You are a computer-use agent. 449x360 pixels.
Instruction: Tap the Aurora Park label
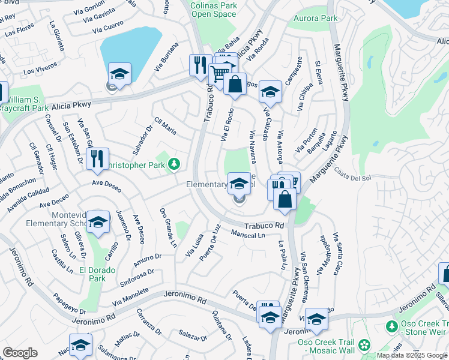(315, 19)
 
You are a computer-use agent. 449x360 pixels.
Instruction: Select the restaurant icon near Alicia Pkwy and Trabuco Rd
(200, 65)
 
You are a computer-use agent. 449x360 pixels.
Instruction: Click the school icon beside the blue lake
(119, 74)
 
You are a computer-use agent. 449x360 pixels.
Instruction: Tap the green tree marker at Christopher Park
(174, 163)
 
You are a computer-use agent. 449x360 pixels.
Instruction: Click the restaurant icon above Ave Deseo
(97, 158)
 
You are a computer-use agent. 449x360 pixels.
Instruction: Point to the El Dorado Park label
(93, 275)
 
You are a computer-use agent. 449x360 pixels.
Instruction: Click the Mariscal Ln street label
(248, 235)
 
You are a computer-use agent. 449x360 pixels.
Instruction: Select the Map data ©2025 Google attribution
(412, 355)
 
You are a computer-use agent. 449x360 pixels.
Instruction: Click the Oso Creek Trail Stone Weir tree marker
(392, 326)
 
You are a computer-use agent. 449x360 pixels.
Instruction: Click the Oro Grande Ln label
(167, 228)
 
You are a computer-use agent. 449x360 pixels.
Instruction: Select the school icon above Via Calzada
(270, 91)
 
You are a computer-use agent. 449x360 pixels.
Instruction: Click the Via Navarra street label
(253, 147)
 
